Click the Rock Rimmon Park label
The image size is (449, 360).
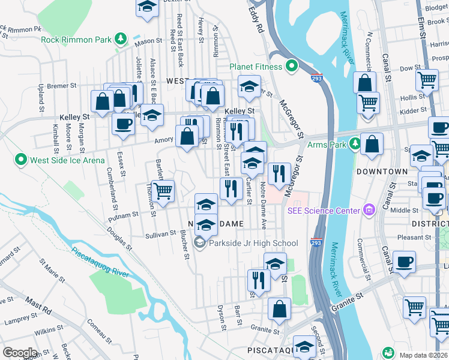click(75, 40)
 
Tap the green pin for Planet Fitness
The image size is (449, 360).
click(292, 65)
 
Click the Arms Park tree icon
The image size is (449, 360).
click(355, 144)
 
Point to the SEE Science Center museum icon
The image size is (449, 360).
click(369, 209)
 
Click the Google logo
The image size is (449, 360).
click(19, 353)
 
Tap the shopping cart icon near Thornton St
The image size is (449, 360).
click(163, 191)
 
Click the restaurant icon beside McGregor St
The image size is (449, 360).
click(279, 174)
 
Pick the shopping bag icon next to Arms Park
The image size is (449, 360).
click(372, 144)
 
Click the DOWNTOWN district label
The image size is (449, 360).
click(382, 172)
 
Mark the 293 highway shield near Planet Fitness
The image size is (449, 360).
click(316, 78)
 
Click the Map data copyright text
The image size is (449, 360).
click(424, 355)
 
